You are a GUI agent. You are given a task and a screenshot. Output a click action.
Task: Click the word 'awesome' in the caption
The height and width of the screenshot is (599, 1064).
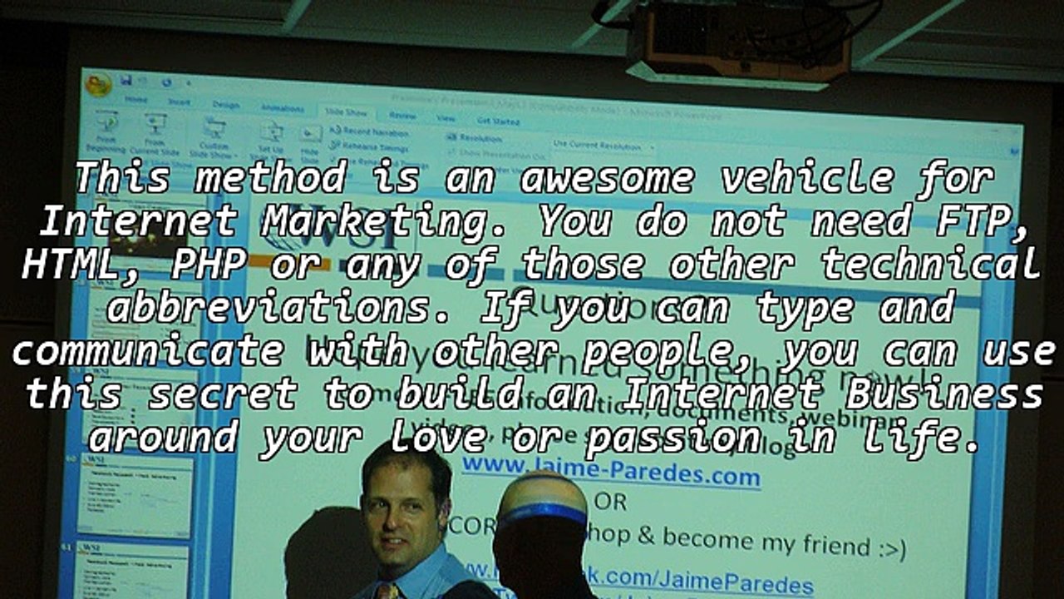pos(606,178)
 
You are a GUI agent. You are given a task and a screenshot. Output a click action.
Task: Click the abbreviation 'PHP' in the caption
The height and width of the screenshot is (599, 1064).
pos(208,265)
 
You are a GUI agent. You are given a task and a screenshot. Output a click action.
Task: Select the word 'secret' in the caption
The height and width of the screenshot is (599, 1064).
pos(222,394)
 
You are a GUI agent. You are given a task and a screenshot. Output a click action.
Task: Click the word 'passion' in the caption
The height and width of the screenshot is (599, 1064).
pos(672,438)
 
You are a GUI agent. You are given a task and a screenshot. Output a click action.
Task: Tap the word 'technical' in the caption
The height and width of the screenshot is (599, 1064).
pos(931,265)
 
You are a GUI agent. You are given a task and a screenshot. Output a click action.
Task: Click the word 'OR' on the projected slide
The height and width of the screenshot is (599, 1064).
pos(610,502)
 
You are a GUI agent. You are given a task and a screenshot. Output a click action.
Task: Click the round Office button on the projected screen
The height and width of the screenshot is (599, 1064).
pos(98,85)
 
